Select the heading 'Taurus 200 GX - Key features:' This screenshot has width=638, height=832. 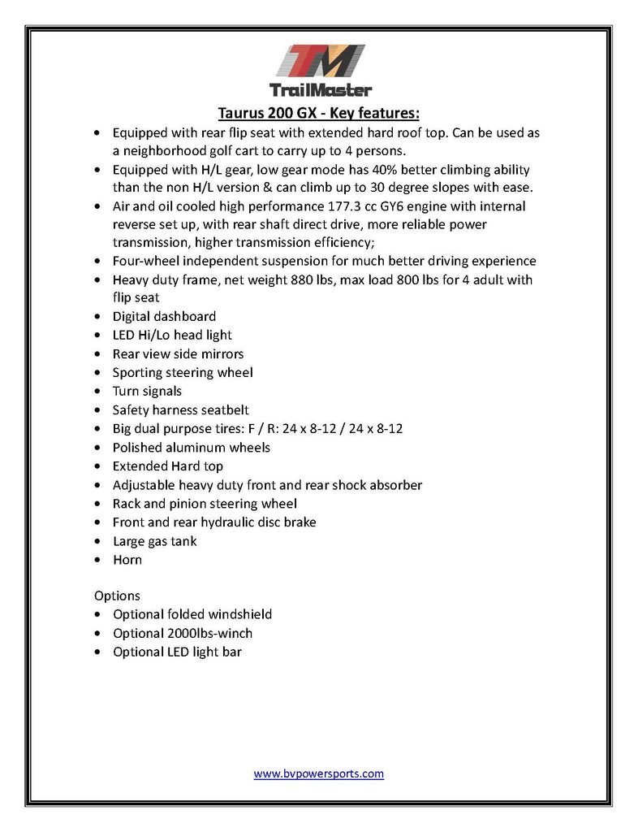[x=318, y=112]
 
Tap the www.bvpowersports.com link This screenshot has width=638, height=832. [x=318, y=773]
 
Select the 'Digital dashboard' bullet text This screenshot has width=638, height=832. [x=164, y=316]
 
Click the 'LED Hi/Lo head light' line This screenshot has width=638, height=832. [x=172, y=335]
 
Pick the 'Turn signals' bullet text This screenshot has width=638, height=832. [x=147, y=391]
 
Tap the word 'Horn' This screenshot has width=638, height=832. [x=127, y=560]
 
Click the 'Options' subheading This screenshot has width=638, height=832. [x=117, y=596]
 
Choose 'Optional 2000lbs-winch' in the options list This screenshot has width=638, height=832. [x=183, y=633]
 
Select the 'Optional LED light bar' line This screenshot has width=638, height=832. [x=177, y=652]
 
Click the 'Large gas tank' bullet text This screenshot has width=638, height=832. [x=154, y=541]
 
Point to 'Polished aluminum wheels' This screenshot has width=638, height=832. [x=192, y=448]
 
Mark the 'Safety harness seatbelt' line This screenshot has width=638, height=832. [x=180, y=410]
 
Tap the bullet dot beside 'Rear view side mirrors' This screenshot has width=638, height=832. [x=98, y=354]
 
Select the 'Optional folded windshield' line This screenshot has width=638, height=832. [x=192, y=614]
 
